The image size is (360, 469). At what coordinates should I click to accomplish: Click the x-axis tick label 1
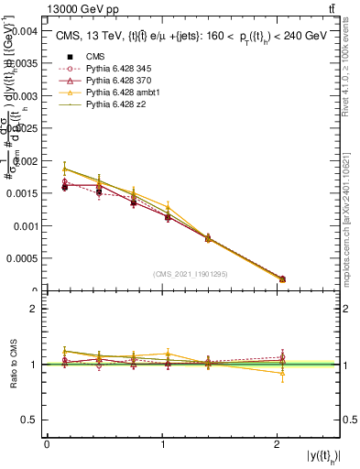[162, 443]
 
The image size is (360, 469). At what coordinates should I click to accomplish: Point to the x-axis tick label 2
[277, 443]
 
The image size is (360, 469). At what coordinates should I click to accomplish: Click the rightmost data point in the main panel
[282, 278]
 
